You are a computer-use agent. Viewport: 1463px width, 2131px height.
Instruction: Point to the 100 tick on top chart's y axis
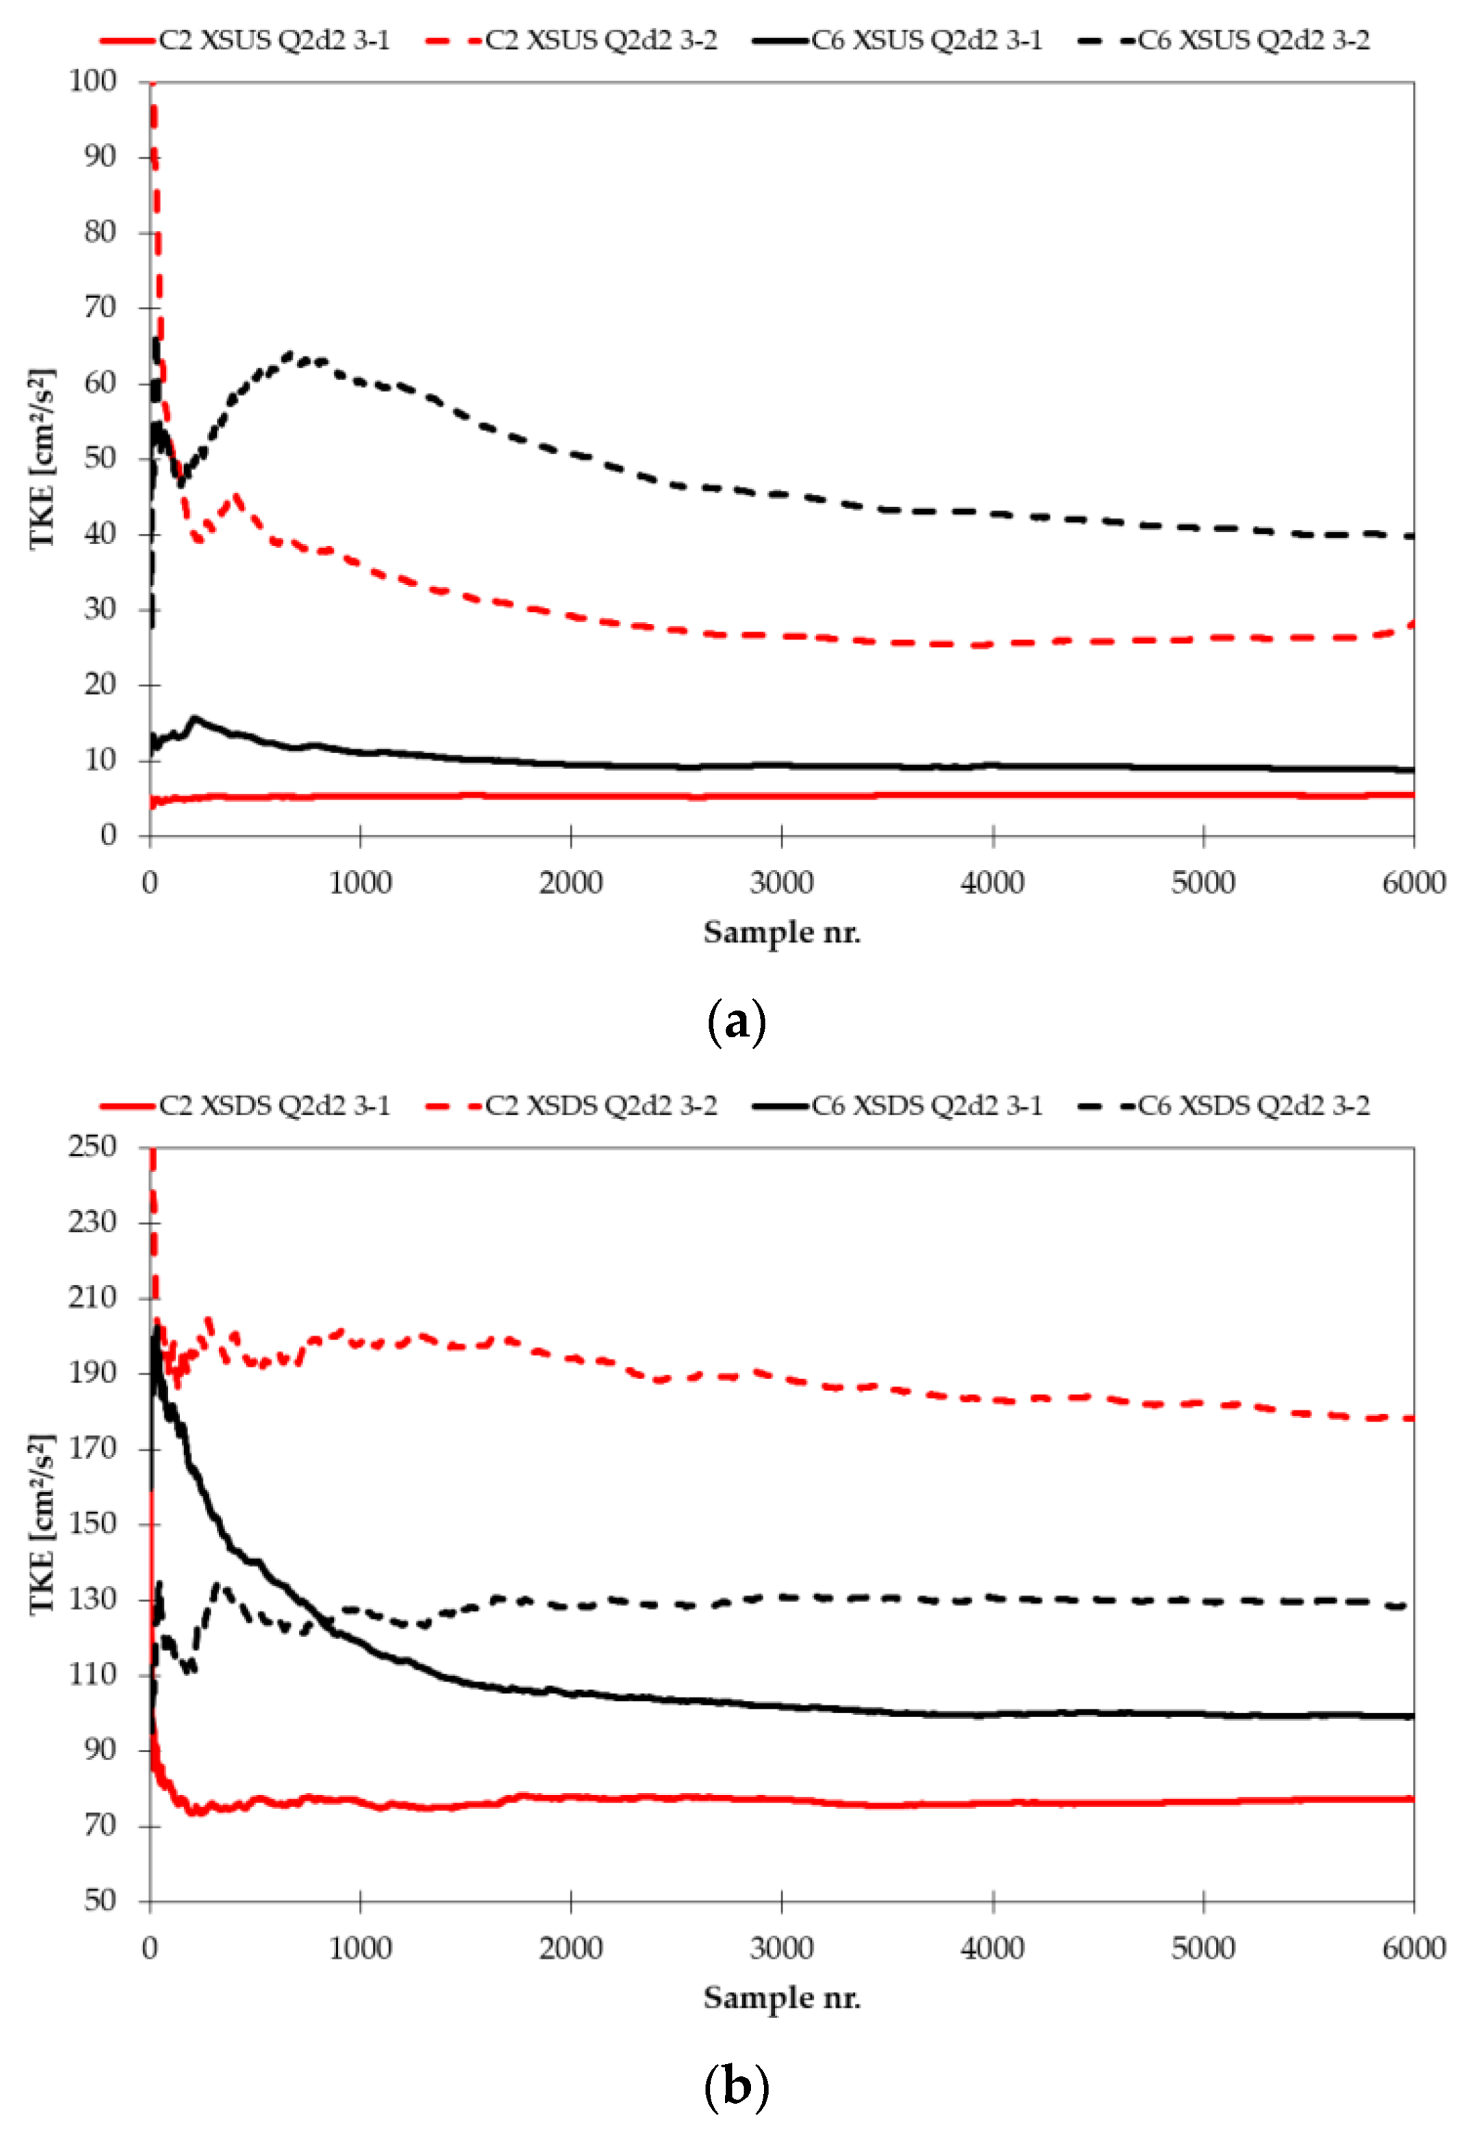click(94, 81)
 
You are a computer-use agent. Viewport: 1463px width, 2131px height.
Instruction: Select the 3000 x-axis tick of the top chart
click(781, 883)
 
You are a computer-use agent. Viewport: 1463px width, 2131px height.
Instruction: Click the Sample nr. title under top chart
click(781, 932)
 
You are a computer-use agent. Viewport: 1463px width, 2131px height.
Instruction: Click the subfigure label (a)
click(736, 1021)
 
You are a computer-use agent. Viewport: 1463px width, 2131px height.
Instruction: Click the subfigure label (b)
click(736, 2087)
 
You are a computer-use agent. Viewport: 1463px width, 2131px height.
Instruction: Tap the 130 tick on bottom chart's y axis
click(94, 1599)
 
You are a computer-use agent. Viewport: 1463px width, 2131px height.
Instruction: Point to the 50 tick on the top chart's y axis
click(101, 458)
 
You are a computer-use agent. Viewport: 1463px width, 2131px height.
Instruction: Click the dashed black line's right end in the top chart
click(1412, 536)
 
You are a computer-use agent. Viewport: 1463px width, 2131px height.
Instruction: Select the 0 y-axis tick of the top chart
click(109, 835)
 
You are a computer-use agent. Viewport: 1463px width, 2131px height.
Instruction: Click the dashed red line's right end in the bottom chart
click(1412, 1419)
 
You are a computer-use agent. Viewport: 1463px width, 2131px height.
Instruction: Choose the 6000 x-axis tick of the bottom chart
click(1412, 1948)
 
